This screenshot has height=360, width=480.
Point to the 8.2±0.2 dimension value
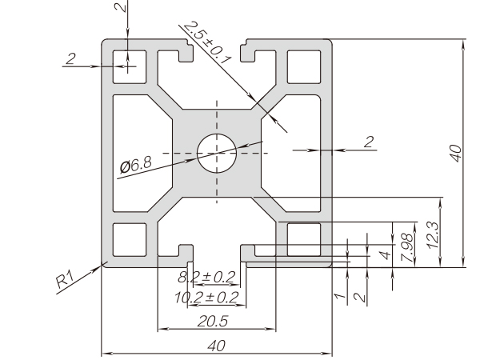coord(206,278)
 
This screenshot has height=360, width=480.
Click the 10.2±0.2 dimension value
coord(206,298)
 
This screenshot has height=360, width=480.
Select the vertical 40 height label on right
coord(454,153)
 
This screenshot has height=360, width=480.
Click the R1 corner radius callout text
coord(66,280)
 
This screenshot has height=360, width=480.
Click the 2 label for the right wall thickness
coord(368,142)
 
